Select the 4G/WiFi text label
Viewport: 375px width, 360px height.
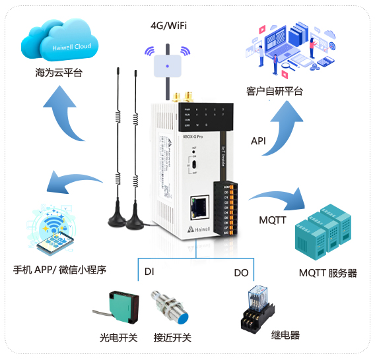click(168, 25)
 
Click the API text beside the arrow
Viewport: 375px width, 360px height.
click(259, 141)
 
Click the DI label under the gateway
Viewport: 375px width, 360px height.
click(149, 271)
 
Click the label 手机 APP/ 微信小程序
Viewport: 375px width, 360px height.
click(60, 270)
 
